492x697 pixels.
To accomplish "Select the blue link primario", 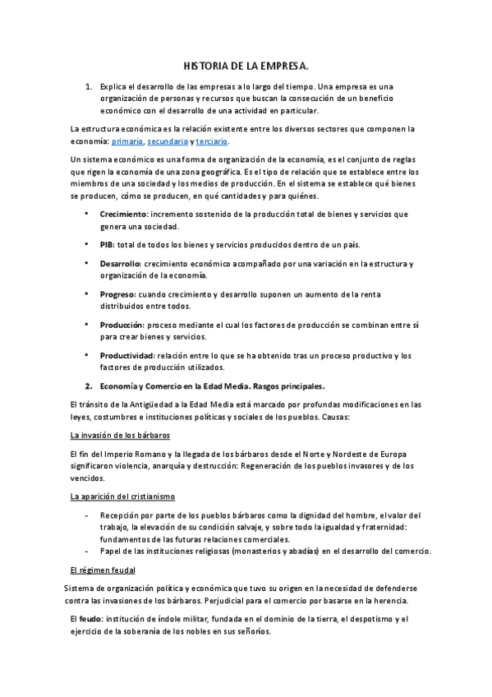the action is point(126,141).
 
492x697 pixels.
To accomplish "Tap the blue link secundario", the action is point(168,141).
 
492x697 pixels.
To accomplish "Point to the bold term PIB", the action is point(107,245).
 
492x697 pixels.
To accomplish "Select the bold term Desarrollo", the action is point(120,264).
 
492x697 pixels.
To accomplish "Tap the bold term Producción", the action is point(122,325).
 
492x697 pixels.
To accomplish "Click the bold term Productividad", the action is point(126,355).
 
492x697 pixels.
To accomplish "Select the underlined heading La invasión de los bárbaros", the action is point(121,434).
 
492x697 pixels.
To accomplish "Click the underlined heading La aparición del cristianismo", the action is point(122,496).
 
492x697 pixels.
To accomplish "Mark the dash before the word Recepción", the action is point(88,515).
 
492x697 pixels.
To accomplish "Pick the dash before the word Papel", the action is point(88,551).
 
